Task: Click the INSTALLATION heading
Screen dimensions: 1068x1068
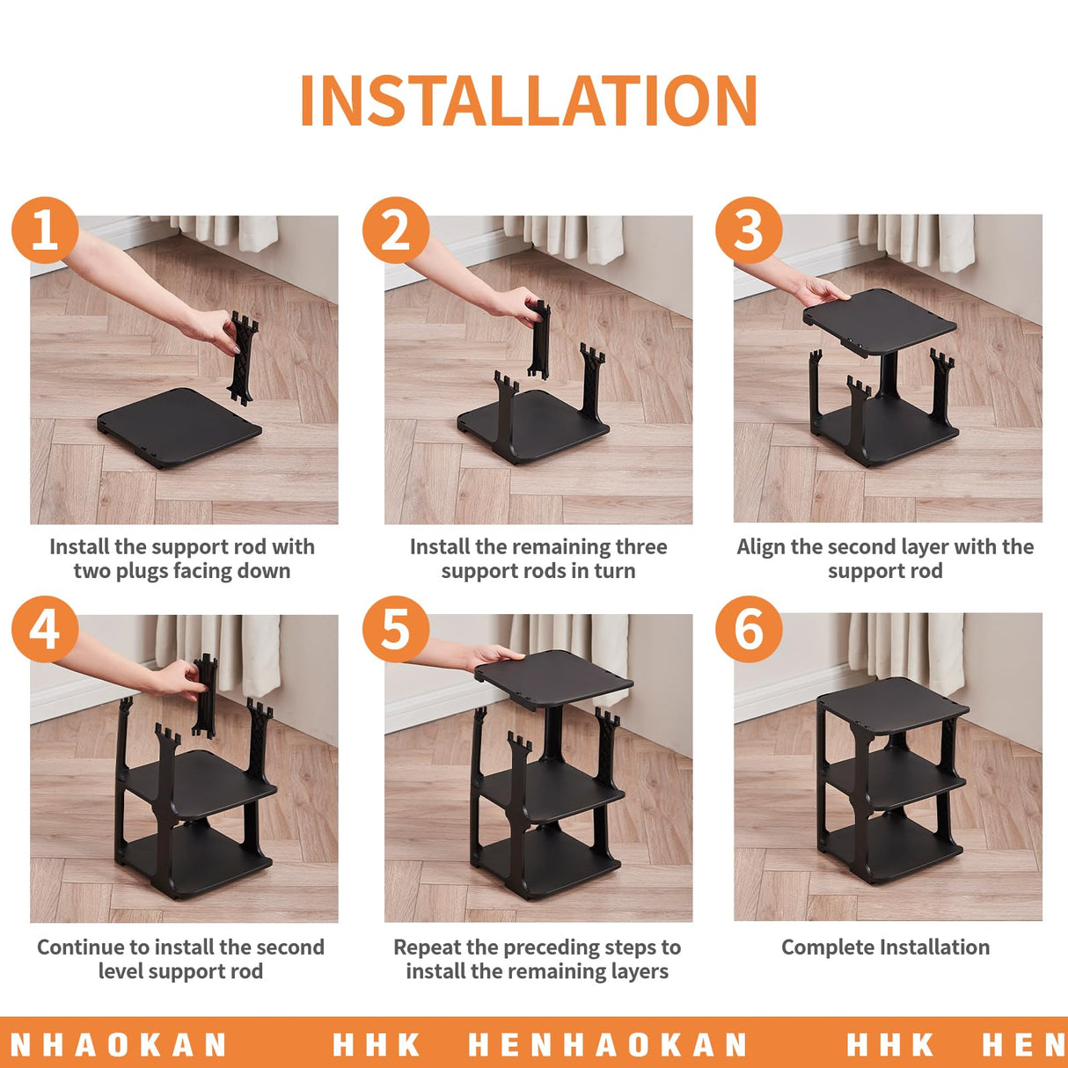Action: point(529,100)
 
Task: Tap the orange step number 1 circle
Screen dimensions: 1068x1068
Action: point(45,230)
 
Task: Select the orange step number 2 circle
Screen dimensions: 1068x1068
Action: point(396,230)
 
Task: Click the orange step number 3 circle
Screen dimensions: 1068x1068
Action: point(749,230)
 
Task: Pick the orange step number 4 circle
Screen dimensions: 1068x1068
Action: point(45,630)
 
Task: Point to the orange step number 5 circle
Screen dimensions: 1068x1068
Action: point(396,630)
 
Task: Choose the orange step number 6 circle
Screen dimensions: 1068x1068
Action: point(749,630)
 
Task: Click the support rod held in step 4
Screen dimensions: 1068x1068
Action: point(205,695)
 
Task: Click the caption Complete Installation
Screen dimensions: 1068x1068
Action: point(885,947)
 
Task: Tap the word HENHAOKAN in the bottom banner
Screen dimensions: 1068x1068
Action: point(607,1045)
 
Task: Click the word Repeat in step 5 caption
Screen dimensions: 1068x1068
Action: point(428,947)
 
